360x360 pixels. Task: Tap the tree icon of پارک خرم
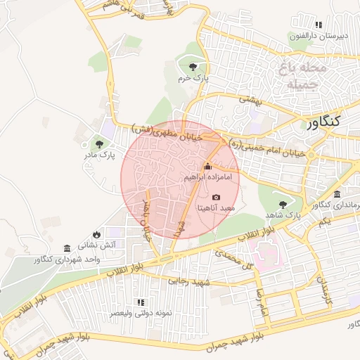[x=193, y=67]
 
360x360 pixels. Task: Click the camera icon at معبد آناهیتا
[x=216, y=197]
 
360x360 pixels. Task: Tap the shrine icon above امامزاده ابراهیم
[x=207, y=167]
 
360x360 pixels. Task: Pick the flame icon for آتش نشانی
[x=96, y=234]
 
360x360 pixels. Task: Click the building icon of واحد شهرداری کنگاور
[x=67, y=249]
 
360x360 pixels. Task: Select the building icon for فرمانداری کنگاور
[x=337, y=194]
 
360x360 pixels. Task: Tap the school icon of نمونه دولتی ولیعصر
[x=140, y=302]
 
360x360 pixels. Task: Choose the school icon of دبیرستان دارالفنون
[x=319, y=25]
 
